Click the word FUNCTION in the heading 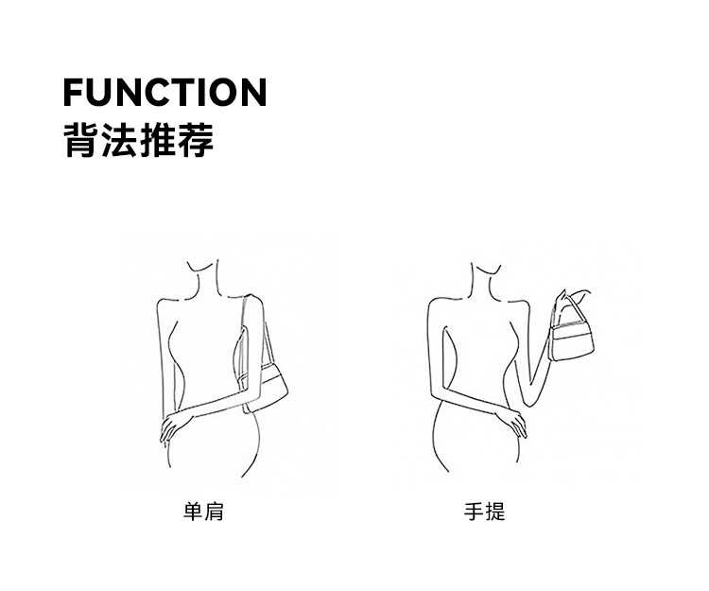tap(164, 93)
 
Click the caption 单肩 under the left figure tap(202, 513)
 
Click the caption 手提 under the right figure tap(484, 513)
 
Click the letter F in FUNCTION tap(75, 93)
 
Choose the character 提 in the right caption tap(494, 513)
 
